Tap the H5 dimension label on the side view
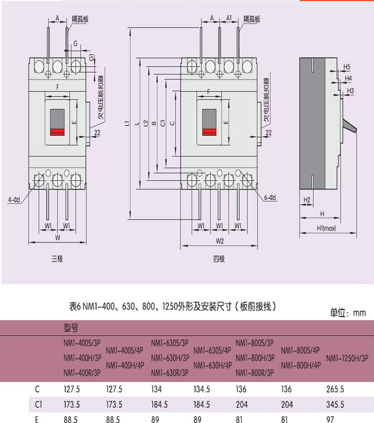tap(347, 66)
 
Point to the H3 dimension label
tap(350, 91)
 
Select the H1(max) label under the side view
tap(326, 227)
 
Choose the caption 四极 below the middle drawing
tap(219, 259)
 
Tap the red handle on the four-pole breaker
tap(210, 132)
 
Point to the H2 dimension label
tap(307, 200)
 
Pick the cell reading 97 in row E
tap(330, 419)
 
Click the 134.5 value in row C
tap(202, 390)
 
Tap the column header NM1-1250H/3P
tap(347, 359)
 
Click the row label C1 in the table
tap(38, 405)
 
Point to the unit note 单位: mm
tap(348, 313)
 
